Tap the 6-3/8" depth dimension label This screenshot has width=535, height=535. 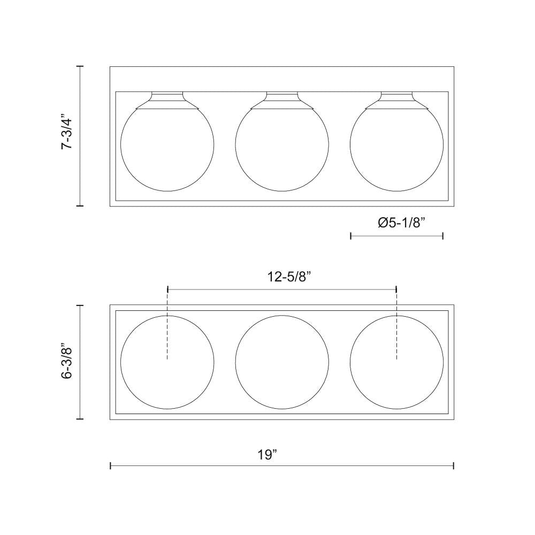[x=67, y=361]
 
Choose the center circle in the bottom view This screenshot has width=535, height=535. [x=282, y=362]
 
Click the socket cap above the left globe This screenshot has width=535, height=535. [x=167, y=100]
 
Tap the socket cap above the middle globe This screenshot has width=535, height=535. [x=282, y=100]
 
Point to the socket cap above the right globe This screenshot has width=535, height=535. [x=396, y=100]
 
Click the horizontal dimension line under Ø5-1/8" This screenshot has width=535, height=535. [x=396, y=236]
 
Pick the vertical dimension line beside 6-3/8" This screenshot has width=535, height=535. [x=80, y=362]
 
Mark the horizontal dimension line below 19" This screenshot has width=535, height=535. [x=282, y=466]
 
